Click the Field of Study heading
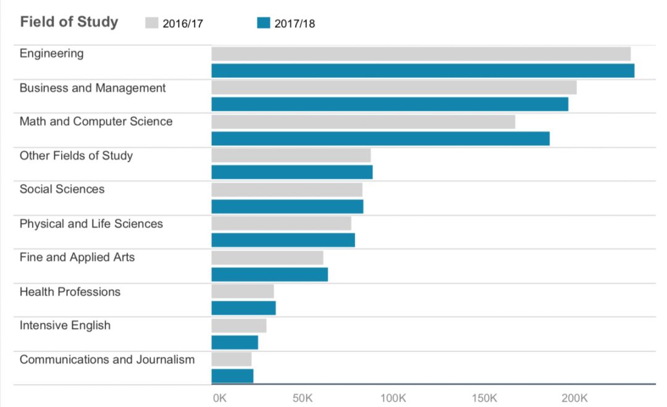[x=69, y=22]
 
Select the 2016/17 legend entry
[x=175, y=23]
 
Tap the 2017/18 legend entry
[x=286, y=23]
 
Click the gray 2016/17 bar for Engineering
[x=421, y=54]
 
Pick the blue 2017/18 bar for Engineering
[x=422, y=70]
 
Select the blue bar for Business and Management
[x=390, y=104]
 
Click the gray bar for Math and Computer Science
[x=363, y=122]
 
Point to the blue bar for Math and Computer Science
[x=380, y=138]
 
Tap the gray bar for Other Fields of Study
[x=291, y=156]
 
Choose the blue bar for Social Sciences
[x=287, y=206]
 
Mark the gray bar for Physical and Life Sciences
[x=281, y=224]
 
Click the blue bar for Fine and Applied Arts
[x=269, y=274]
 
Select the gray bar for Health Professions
[x=243, y=292]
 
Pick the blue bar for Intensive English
[x=235, y=342]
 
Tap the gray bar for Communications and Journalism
[x=232, y=359]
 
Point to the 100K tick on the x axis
[x=393, y=398]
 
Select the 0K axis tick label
[x=219, y=398]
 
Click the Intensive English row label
[x=65, y=325]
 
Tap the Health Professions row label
[x=70, y=292]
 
